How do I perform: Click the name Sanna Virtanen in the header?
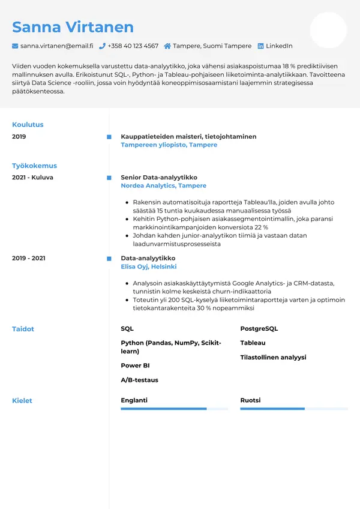[x=73, y=27]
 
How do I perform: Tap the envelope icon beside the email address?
[x=15, y=46]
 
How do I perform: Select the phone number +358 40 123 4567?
[x=133, y=46]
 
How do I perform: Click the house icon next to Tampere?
[x=167, y=46]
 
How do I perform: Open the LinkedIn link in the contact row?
[x=279, y=46]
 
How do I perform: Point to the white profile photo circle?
[x=328, y=30]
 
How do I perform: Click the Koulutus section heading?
[x=28, y=125]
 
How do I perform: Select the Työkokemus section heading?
[x=34, y=166]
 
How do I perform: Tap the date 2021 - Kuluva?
[x=32, y=178]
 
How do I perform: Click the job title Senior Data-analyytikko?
[x=158, y=178]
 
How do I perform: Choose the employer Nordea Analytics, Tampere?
[x=163, y=186]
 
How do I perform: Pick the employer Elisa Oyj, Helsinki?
[x=148, y=267]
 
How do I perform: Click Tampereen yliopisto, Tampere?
[x=169, y=145]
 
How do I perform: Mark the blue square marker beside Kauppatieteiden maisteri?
[x=109, y=137]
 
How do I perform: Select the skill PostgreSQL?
[x=259, y=329]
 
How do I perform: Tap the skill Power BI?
[x=135, y=366]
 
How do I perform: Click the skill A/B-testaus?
[x=139, y=380]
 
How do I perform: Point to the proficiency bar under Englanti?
[x=174, y=409]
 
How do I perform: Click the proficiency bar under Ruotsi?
[x=294, y=409]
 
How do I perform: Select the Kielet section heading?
[x=22, y=400]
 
